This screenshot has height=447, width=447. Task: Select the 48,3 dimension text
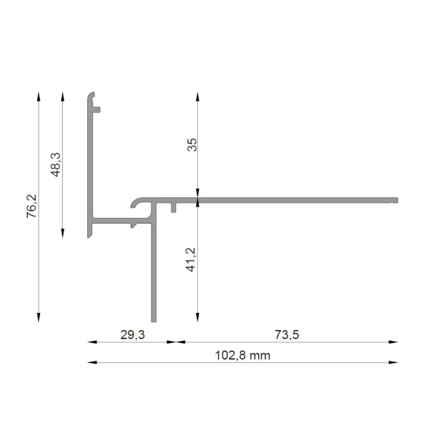pyautogui.click(x=55, y=164)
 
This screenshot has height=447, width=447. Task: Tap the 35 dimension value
pyautogui.click(x=192, y=146)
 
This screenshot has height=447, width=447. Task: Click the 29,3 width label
pyautogui.click(x=132, y=335)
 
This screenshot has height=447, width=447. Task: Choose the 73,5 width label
pyautogui.click(x=287, y=335)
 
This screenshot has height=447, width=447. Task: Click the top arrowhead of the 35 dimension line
pyautogui.click(x=197, y=95)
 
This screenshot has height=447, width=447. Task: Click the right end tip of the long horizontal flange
pyautogui.click(x=396, y=199)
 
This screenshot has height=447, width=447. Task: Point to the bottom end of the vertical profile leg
pyautogui.click(x=154, y=320)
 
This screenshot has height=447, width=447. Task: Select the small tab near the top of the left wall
pyautogui.click(x=97, y=109)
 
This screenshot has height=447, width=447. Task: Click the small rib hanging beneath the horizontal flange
pyautogui.click(x=174, y=208)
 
